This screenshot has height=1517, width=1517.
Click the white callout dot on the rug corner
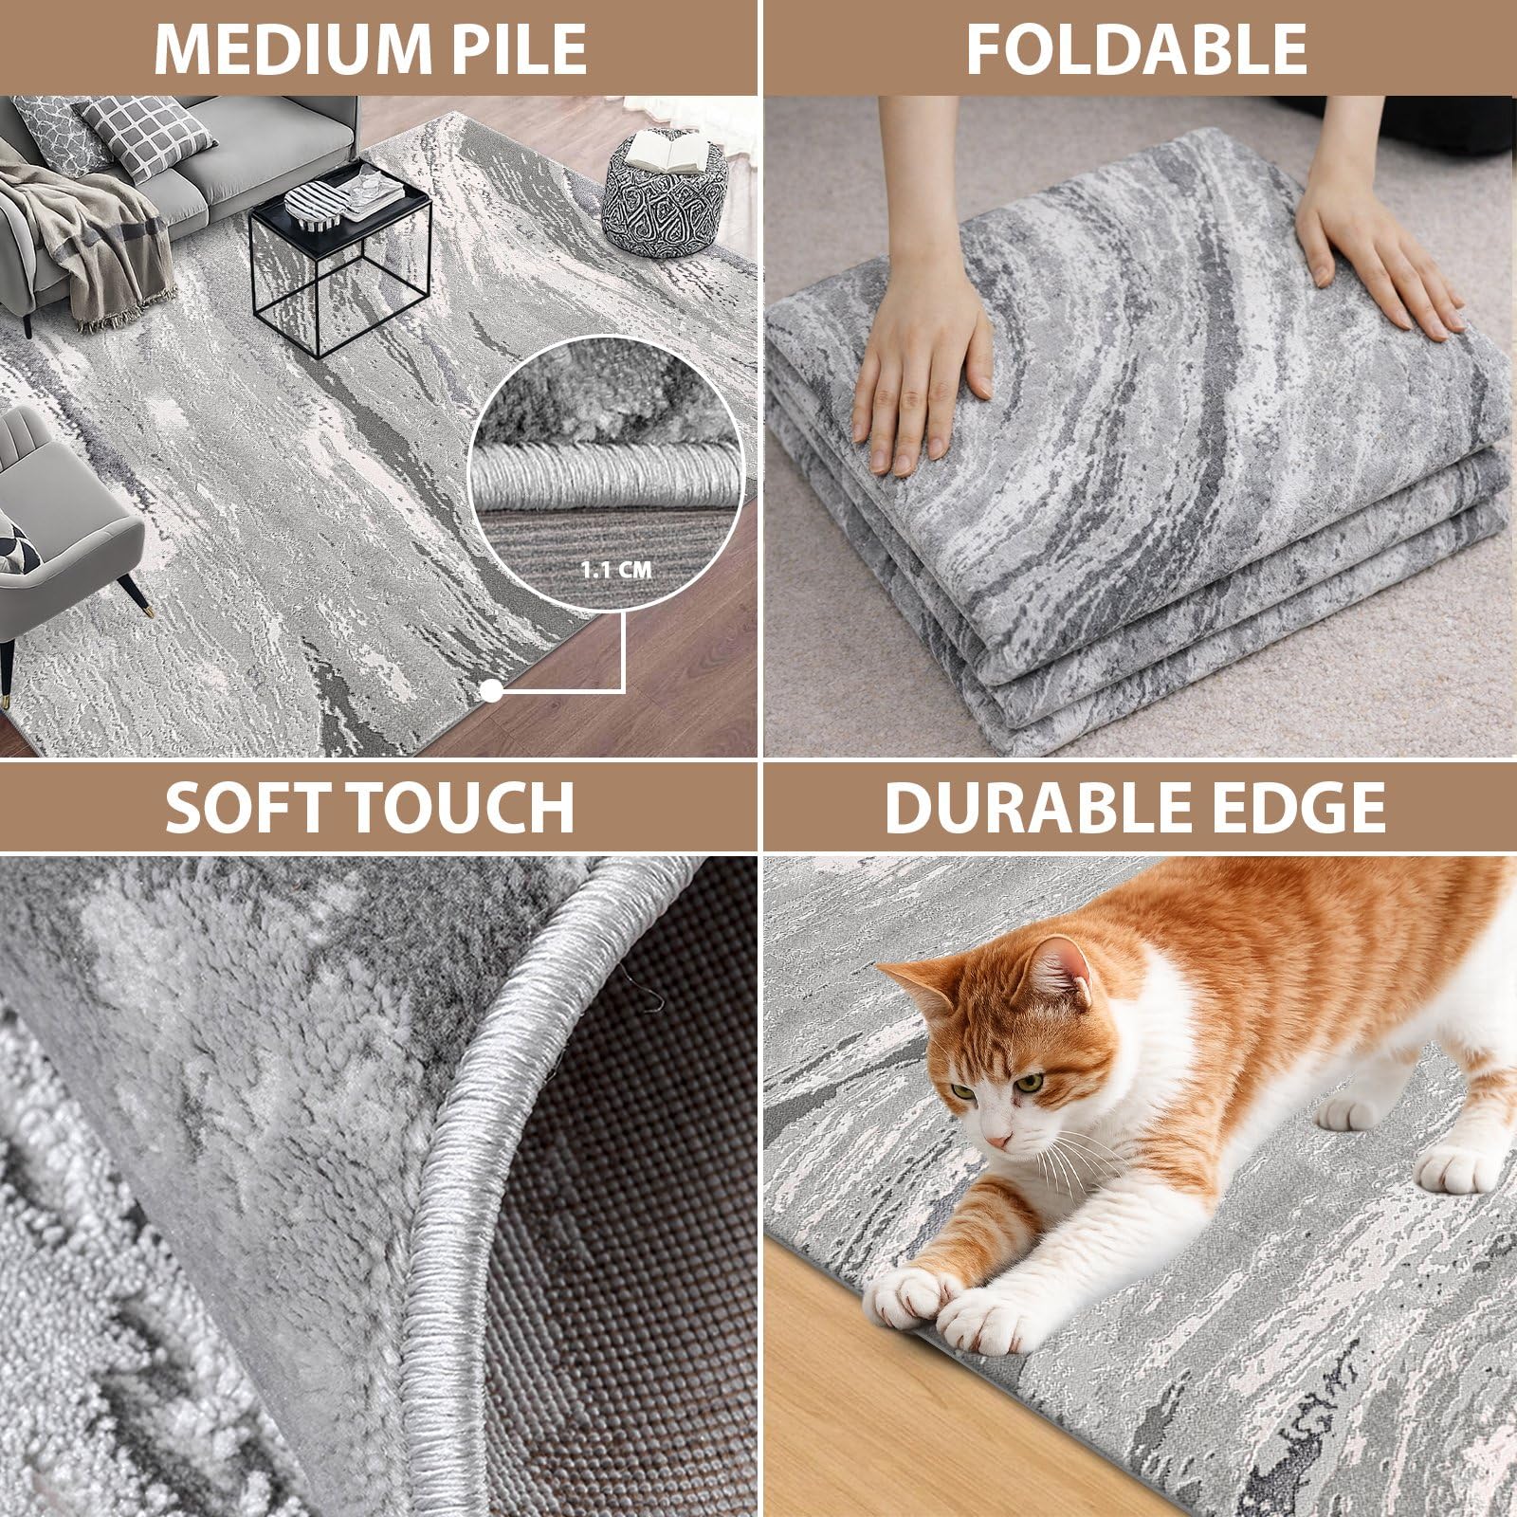(491, 691)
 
